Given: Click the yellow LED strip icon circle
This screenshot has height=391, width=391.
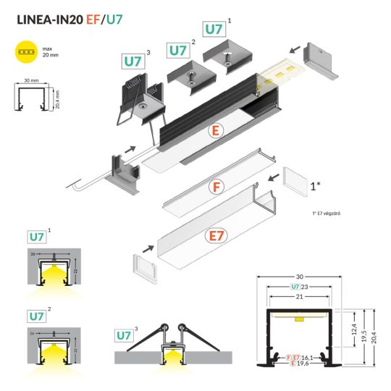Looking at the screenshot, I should [27, 52].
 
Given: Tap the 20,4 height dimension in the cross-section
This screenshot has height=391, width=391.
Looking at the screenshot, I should [371, 335].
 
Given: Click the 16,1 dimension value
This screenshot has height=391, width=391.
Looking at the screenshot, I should [308, 358].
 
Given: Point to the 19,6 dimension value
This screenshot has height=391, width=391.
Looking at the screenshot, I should [305, 365].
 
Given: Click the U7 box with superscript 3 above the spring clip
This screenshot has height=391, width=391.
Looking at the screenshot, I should [132, 62].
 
